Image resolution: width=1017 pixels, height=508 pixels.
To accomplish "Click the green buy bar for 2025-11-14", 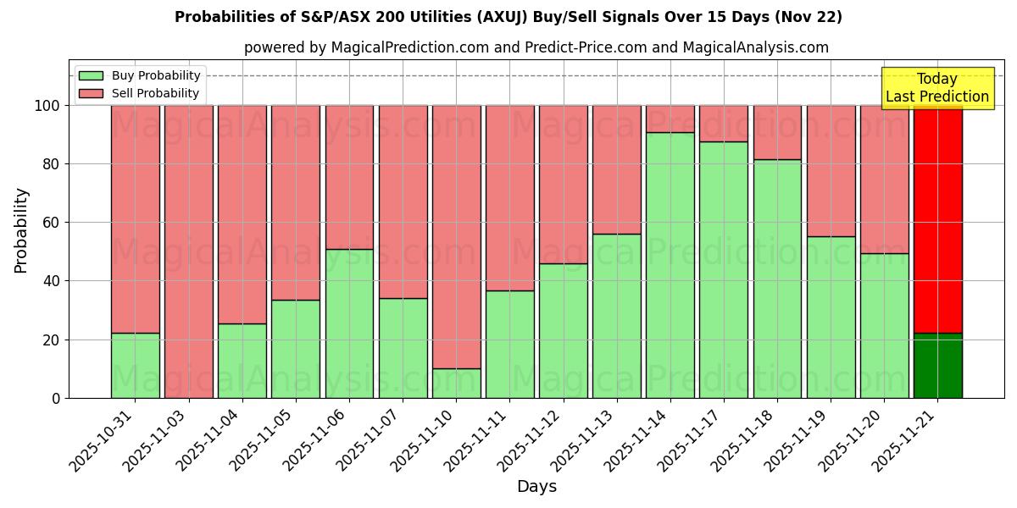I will click(x=670, y=265).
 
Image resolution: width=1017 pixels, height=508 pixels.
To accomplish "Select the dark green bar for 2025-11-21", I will click(x=938, y=366).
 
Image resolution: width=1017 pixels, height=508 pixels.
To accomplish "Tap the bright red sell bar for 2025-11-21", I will click(x=938, y=218).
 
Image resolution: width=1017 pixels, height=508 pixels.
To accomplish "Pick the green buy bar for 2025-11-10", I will click(x=456, y=384).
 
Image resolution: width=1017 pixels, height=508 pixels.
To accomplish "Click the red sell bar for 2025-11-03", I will click(x=189, y=251).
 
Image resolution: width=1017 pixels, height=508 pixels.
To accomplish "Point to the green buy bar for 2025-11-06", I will click(x=349, y=323).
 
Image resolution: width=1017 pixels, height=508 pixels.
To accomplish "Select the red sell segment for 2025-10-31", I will click(x=136, y=218).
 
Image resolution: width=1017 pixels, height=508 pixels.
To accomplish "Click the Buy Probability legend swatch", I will click(x=91, y=76).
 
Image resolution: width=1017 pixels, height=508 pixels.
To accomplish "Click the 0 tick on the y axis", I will click(x=56, y=398).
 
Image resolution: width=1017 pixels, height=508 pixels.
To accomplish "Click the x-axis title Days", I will click(x=536, y=487).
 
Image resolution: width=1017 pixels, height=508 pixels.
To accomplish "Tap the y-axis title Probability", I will click(x=21, y=230).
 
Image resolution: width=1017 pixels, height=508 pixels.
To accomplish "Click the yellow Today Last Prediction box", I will click(x=937, y=88).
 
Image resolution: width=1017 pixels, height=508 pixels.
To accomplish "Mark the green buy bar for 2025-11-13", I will click(x=617, y=316).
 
